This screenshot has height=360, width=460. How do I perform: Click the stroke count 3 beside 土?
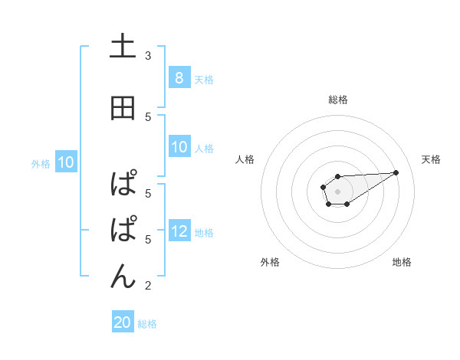coord(148,56)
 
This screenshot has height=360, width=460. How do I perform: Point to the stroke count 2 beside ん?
coord(148,286)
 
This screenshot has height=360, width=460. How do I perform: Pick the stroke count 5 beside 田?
coord(148,117)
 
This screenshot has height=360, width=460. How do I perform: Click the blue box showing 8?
coord(179,77)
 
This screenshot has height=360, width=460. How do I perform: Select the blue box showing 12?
coord(179,231)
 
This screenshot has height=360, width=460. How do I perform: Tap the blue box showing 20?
coord(123,322)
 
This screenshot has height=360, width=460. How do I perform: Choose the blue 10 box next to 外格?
coord(65,162)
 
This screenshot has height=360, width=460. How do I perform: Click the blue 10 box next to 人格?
coord(179,147)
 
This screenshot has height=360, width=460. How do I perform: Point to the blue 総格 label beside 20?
coord(147,324)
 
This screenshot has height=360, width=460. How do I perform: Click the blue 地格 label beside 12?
coord(204,232)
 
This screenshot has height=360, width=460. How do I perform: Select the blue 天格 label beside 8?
coord(204,79)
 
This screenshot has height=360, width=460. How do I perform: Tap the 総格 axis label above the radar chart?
coord(337,100)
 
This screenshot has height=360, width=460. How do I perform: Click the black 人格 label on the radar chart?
coord(245,159)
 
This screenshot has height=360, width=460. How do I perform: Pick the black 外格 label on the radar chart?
coord(270,262)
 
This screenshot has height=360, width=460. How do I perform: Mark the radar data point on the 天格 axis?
coord(396,172)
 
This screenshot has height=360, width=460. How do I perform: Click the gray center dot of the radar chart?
coord(337,190)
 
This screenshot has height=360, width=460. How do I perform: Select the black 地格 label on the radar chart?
coord(402,262)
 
